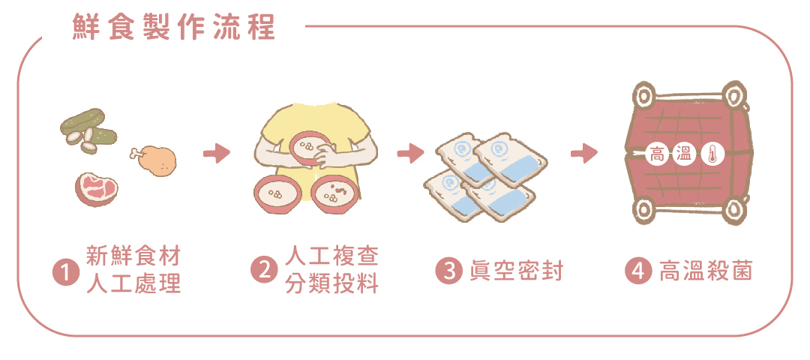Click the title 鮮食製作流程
tap(174, 27)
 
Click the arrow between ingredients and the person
tap(216, 154)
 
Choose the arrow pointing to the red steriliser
tap(583, 154)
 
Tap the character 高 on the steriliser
tap(656, 155)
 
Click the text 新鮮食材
tap(133, 256)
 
